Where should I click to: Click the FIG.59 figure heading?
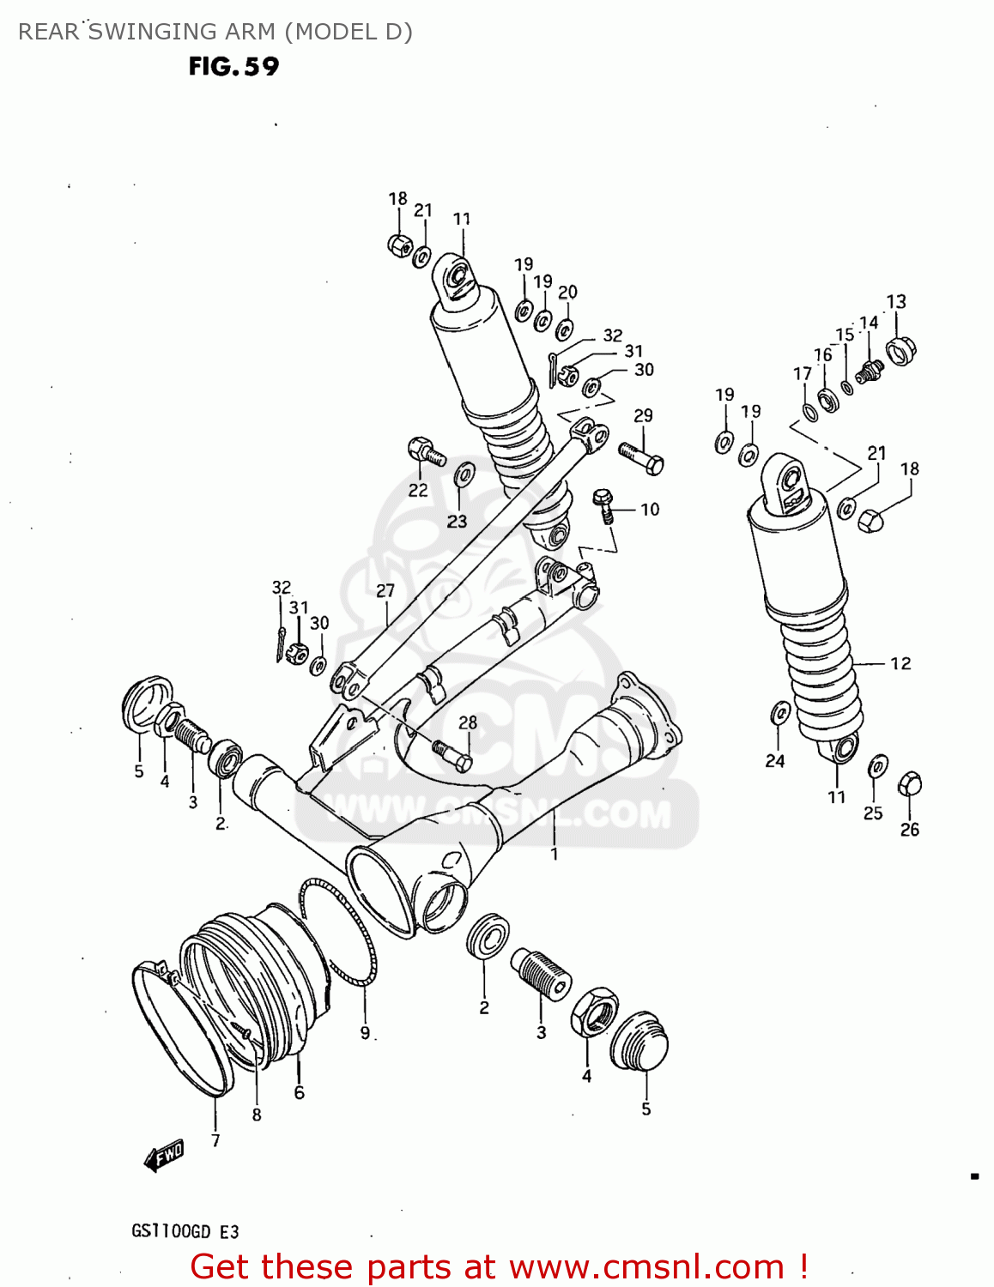tap(233, 67)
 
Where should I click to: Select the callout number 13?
tap(895, 302)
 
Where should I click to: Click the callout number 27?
tap(385, 590)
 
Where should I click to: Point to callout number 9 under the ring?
tap(365, 1033)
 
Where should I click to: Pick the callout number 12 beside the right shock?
tap(900, 663)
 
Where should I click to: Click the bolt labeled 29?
tap(640, 457)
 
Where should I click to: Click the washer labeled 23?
tap(464, 474)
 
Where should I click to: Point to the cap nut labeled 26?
tap(909, 784)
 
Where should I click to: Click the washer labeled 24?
tap(781, 713)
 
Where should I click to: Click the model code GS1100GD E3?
tap(185, 1231)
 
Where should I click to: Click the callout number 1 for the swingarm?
tap(555, 854)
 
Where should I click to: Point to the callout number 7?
tap(215, 1140)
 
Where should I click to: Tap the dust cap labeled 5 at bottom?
tap(639, 1042)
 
